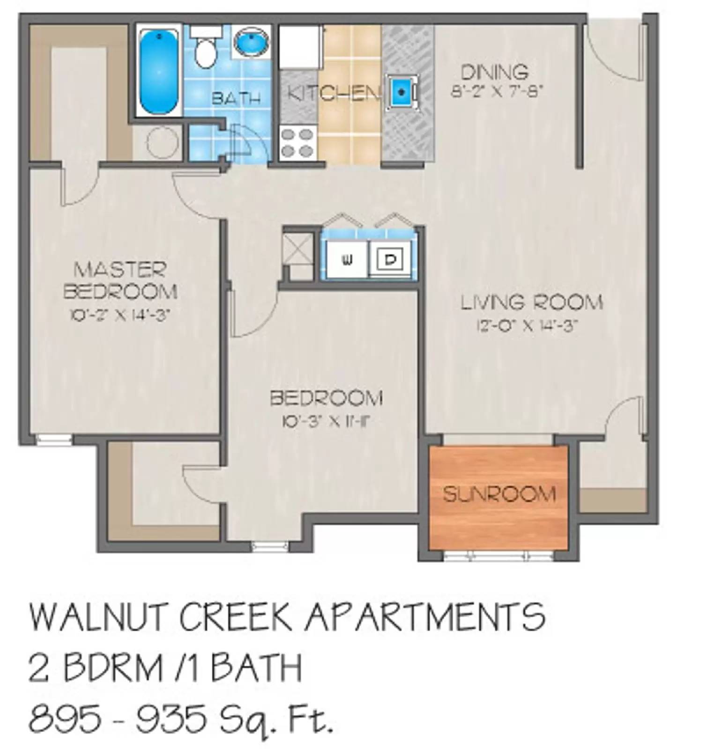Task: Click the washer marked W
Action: (347, 260)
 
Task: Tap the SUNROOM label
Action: (499, 494)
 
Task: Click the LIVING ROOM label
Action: (531, 302)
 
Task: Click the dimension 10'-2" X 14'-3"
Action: (119, 315)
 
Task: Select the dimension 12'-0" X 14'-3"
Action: (525, 326)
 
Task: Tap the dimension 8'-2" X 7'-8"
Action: (497, 92)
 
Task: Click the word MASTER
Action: (120, 270)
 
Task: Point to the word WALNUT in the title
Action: (100, 617)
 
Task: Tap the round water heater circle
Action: (163, 142)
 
